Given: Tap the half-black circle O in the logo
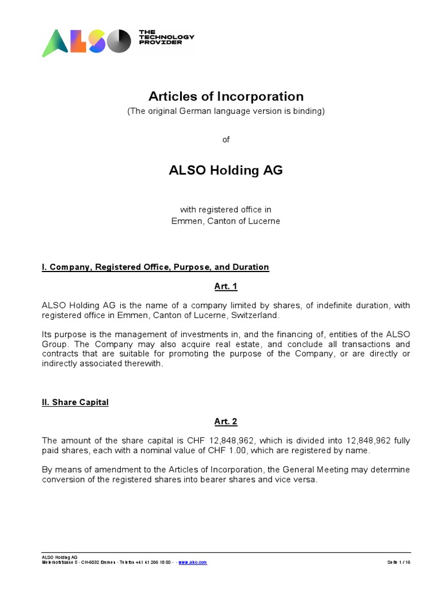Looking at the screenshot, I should click(120, 41).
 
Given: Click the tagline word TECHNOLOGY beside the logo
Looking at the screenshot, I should click(167, 37).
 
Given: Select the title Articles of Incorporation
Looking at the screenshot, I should click(226, 96).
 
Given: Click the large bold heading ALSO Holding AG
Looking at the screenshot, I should click(226, 170).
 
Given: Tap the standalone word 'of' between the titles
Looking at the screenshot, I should click(226, 139).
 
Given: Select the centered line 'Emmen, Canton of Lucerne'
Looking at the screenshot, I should click(226, 221).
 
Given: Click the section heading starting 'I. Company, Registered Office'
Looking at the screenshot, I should click(155, 267).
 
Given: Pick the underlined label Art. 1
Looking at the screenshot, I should click(226, 286).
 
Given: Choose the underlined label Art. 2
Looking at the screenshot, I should click(226, 422).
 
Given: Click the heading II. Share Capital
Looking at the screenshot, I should click(75, 402).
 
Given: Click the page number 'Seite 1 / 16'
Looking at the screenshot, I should click(399, 562).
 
